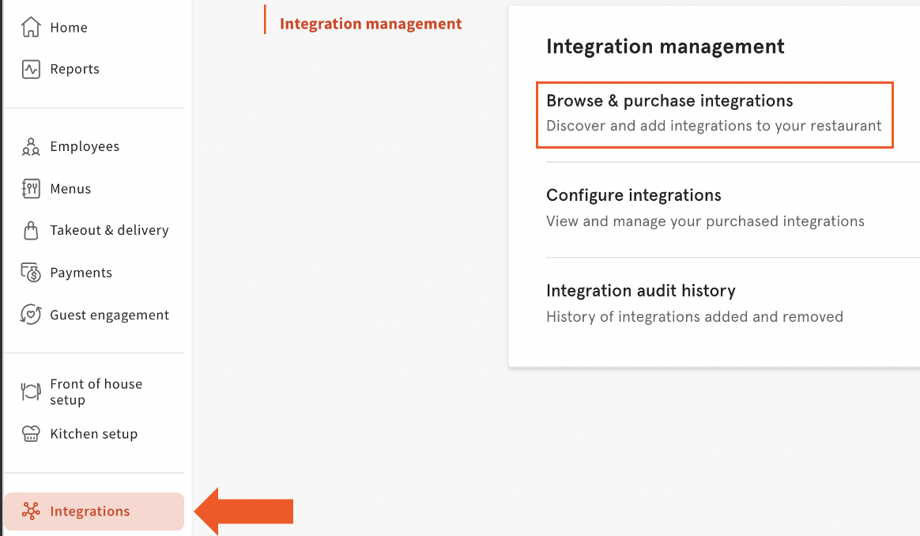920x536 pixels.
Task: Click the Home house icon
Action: click(x=31, y=27)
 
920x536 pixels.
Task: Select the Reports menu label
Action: click(x=74, y=70)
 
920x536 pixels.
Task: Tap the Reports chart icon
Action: click(x=31, y=70)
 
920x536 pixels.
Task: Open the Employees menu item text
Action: click(x=85, y=147)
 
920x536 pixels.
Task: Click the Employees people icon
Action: click(x=31, y=147)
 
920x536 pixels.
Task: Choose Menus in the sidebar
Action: click(x=70, y=189)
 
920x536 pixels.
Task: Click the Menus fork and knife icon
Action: click(x=31, y=189)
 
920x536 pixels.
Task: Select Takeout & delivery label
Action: click(x=109, y=230)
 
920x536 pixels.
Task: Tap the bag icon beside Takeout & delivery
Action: click(x=31, y=231)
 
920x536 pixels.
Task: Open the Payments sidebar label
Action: click(x=81, y=273)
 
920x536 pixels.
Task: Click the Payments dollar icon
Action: click(x=31, y=273)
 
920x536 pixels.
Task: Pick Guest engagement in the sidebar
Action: click(x=109, y=315)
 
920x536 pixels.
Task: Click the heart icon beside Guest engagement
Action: click(x=31, y=315)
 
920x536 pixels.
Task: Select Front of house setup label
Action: click(x=96, y=391)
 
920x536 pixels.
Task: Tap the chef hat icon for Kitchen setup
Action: click(x=31, y=434)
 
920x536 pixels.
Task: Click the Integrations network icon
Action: click(x=31, y=511)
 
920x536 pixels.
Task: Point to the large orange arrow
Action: click(x=243, y=511)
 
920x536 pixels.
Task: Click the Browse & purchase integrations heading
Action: click(x=669, y=101)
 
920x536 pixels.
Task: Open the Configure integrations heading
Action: click(x=634, y=195)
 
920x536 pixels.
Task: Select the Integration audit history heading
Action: click(x=641, y=291)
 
